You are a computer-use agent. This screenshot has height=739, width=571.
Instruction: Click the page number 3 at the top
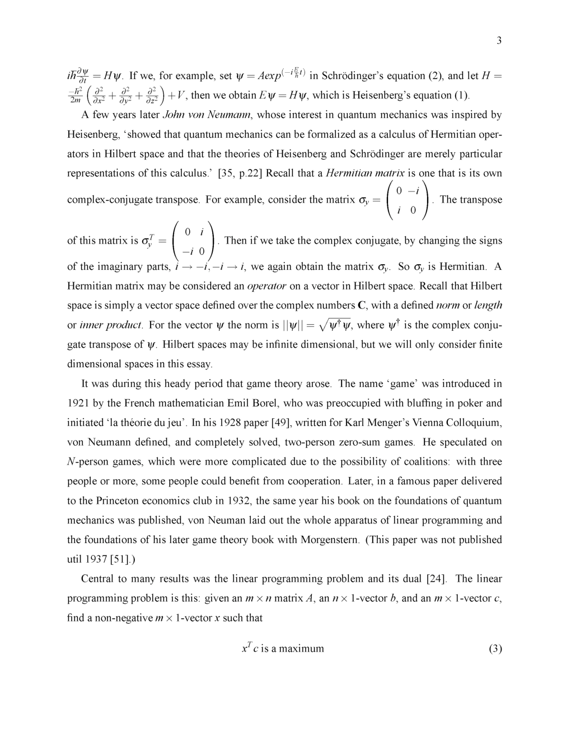pyautogui.click(x=499, y=40)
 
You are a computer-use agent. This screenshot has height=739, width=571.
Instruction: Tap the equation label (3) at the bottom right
pyautogui.click(x=495, y=649)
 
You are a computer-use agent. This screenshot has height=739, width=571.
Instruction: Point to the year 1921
pyautogui.click(x=78, y=403)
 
